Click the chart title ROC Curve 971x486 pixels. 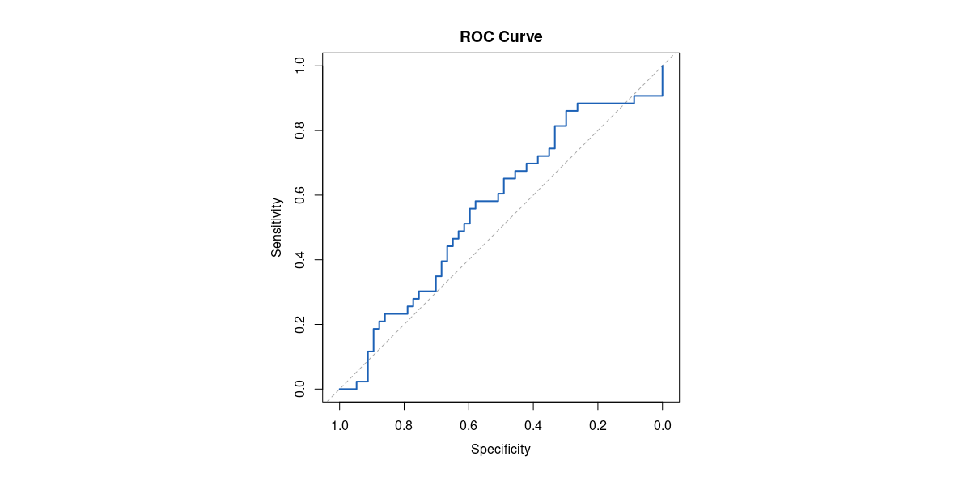click(501, 36)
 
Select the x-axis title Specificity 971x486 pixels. click(501, 449)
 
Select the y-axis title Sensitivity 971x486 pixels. click(277, 228)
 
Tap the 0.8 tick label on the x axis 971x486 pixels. click(404, 425)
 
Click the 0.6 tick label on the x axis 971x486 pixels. click(469, 425)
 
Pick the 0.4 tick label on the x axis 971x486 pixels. click(533, 425)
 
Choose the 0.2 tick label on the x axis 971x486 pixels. click(598, 425)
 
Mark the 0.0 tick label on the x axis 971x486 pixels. click(663, 425)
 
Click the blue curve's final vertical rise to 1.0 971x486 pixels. click(663, 81)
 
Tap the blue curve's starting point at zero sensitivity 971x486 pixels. click(340, 389)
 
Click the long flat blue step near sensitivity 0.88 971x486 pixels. click(605, 103)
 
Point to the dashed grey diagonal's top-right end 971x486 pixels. click(674, 54)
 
